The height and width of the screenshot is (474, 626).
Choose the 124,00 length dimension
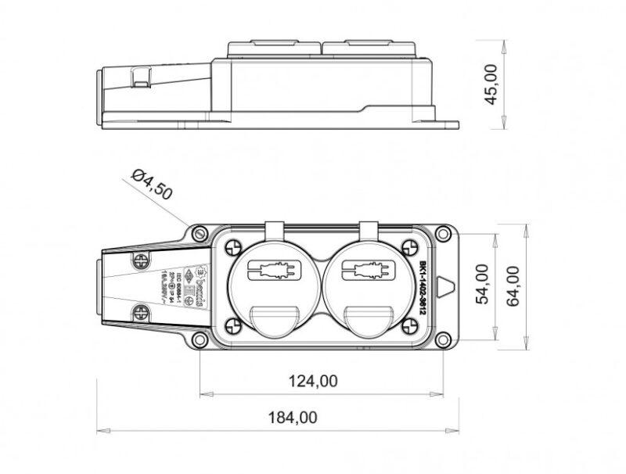pos(311,381)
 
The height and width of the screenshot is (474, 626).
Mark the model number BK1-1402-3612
pos(423,286)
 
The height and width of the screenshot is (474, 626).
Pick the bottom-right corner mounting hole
pos(443,340)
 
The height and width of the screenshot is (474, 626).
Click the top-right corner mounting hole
pos(443,232)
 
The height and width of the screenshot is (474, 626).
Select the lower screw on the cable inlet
pos(141,312)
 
